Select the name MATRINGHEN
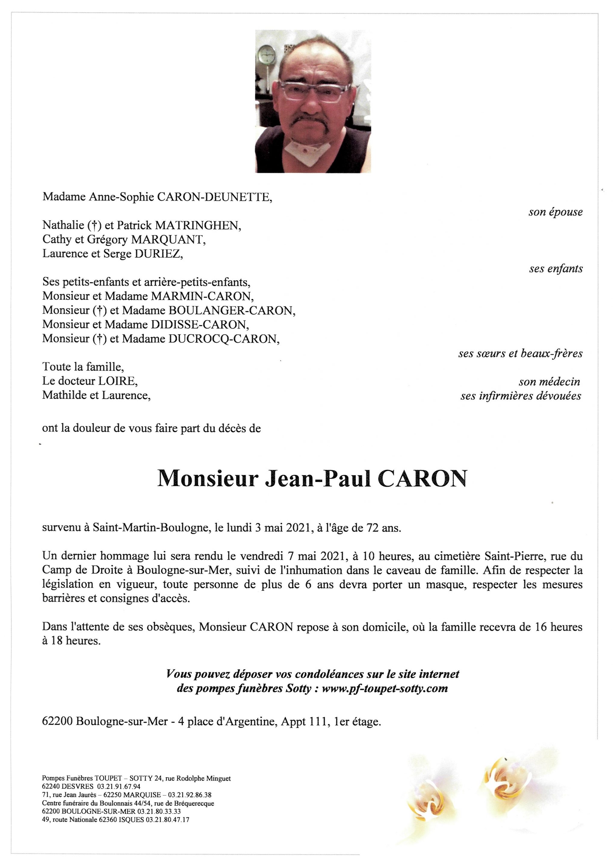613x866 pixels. click(198, 226)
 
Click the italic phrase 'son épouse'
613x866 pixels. click(555, 212)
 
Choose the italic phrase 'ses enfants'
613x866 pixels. click(556, 269)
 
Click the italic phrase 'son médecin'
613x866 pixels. click(549, 382)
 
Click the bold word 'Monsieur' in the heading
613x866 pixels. click(207, 479)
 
